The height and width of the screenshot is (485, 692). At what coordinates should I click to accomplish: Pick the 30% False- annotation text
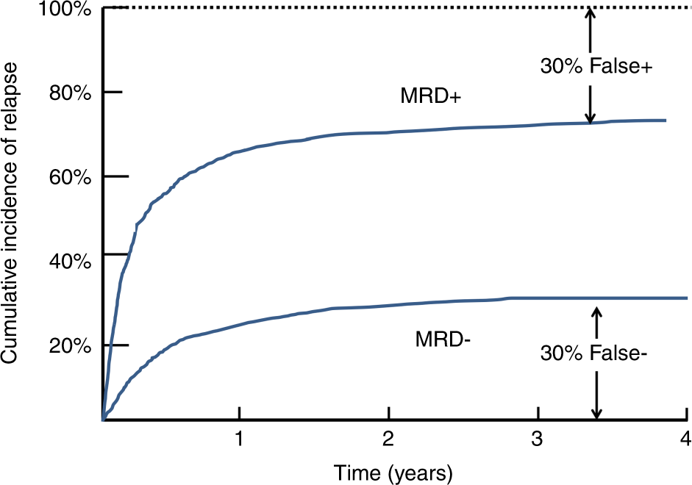pos(594,353)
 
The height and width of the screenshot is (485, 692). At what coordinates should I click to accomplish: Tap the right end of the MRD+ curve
pos(665,121)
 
